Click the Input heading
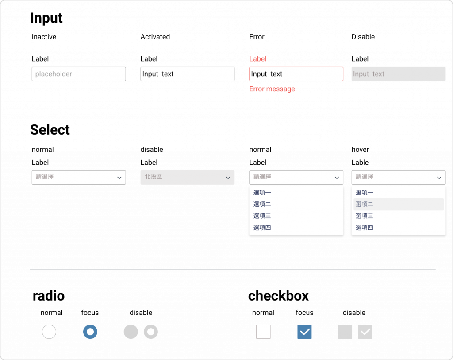46,18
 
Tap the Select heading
50,130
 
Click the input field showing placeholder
79,74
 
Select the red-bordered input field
296,74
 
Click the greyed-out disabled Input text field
399,74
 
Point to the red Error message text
272,89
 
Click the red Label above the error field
257,59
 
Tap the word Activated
155,37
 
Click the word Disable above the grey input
363,37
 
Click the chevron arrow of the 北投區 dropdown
228,178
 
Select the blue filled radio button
90,332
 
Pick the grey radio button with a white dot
151,332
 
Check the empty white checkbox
263,332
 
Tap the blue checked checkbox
305,332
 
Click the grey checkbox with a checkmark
365,332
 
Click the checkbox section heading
278,296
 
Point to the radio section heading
49,296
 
